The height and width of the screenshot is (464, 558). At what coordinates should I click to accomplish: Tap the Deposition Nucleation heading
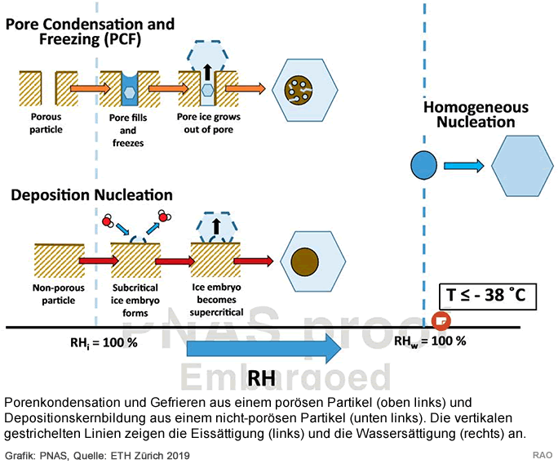coord(91,195)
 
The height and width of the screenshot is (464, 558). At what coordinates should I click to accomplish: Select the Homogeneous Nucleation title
coord(476,115)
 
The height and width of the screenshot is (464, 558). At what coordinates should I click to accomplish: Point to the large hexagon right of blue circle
coord(511,166)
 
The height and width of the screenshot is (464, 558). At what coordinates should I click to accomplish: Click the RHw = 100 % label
coord(430,341)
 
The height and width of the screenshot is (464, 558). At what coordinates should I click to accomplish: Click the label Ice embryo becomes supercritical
coord(215,301)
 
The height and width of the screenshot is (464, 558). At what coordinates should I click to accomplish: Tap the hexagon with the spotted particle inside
coord(303,89)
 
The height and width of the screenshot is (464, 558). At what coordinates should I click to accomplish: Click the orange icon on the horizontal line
coord(441,320)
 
